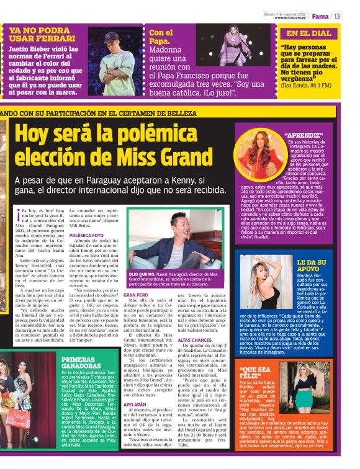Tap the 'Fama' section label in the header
tap(320, 16)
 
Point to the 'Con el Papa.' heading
tap(161, 37)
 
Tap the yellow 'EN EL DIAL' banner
tap(309, 33)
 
